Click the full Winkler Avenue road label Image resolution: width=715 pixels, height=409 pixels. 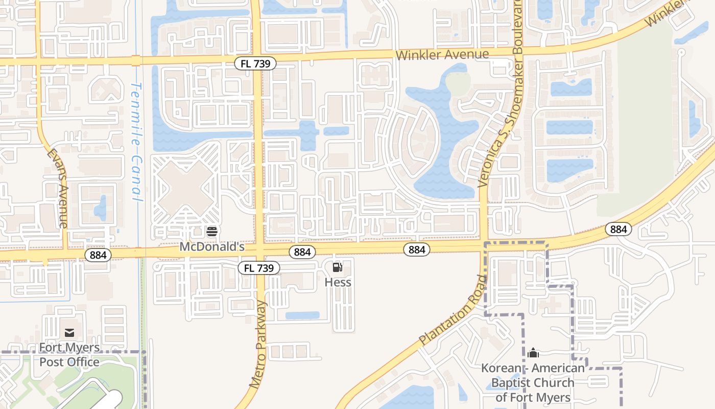click(443, 54)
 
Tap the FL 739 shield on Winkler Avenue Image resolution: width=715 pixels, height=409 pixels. click(255, 63)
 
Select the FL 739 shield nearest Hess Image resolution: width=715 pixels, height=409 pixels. click(259, 268)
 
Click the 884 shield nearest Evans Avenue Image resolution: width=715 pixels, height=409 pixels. click(98, 255)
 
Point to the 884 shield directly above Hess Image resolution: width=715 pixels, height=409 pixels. click(302, 252)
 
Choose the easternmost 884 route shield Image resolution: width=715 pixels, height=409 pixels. click(618, 229)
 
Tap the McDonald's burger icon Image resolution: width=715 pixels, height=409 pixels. click(212, 232)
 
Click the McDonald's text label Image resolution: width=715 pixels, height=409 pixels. click(212, 247)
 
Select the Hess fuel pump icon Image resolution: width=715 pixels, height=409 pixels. click(338, 267)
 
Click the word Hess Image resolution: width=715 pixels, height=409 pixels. click(338, 282)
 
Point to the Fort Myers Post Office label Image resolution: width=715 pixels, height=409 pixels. click(69, 355)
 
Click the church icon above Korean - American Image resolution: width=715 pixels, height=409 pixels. click(533, 353)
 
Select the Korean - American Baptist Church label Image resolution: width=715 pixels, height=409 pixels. click(533, 382)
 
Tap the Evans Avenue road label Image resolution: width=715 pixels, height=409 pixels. click(57, 188)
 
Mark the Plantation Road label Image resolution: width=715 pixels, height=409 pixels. click(451, 310)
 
